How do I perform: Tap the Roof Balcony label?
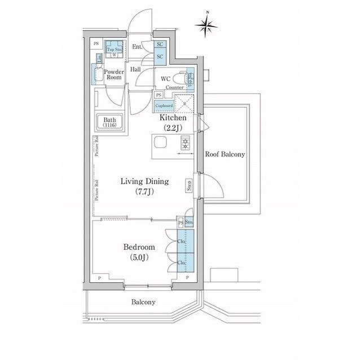(x=224, y=154)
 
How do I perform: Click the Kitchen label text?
(x=173, y=119)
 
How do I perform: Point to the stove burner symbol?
(x=185, y=144)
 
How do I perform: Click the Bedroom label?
(x=139, y=247)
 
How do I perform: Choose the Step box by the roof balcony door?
(x=188, y=186)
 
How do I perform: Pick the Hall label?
(x=136, y=69)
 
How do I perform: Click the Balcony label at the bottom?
(x=143, y=302)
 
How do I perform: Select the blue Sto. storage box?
(x=189, y=223)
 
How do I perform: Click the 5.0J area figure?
(x=138, y=258)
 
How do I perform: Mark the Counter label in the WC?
(x=175, y=88)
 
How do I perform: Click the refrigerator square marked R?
(x=184, y=104)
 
